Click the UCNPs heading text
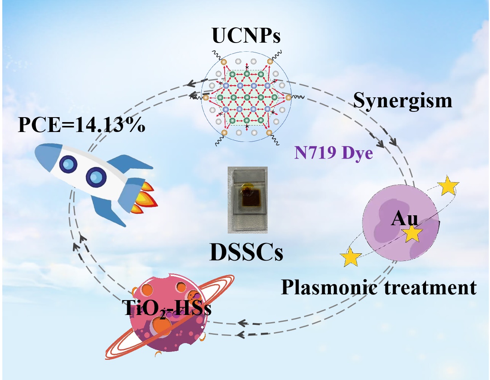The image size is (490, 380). [246, 36]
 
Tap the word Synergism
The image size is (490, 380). [402, 101]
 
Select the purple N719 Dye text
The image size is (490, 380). [334, 153]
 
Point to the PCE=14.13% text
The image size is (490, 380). [81, 125]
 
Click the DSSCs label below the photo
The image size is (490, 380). [246, 253]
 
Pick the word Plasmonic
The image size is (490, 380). [330, 288]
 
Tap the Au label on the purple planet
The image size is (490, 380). [404, 219]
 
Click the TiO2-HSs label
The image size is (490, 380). [168, 308]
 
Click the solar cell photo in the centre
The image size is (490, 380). [247, 200]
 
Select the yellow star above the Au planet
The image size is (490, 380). [449, 186]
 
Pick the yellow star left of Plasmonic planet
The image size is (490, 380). [351, 257]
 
